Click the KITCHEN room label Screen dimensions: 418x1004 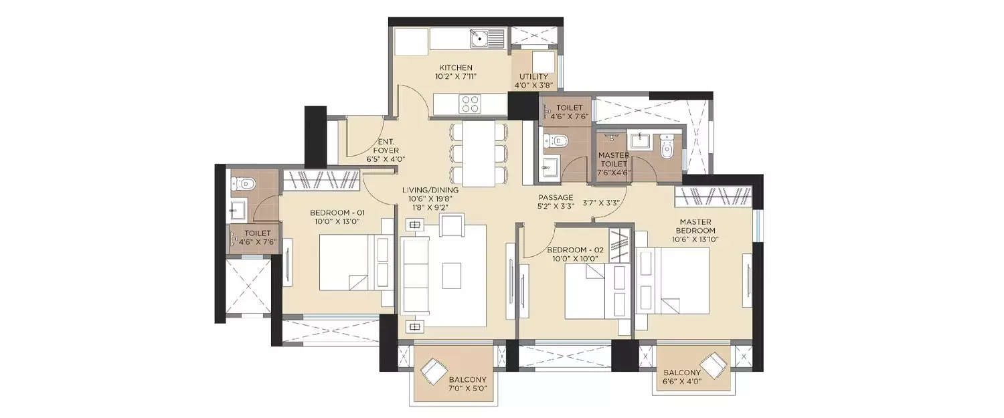coord(456,68)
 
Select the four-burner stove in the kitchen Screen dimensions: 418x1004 coord(469,104)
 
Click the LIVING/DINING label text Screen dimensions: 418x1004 coord(430,190)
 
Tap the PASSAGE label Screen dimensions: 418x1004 coord(556,197)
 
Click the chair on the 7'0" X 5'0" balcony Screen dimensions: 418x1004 coord(434,370)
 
